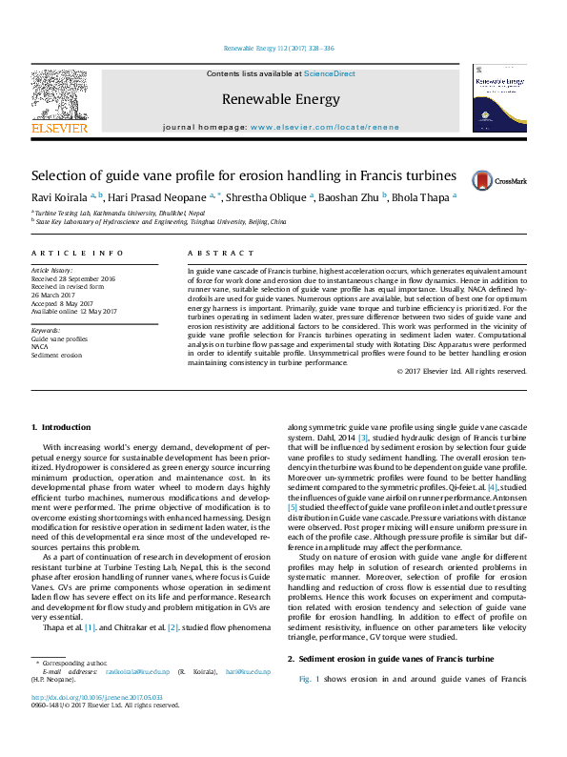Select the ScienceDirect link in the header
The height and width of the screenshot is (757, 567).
(x=329, y=73)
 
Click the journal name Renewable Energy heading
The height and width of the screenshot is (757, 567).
(x=280, y=99)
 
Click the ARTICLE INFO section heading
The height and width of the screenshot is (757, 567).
(x=77, y=253)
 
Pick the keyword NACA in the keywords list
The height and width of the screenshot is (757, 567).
(x=42, y=346)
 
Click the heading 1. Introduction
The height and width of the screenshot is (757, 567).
(x=61, y=427)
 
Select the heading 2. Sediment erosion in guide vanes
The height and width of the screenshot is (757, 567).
(x=390, y=660)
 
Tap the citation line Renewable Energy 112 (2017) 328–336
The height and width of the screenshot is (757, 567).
(x=278, y=47)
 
